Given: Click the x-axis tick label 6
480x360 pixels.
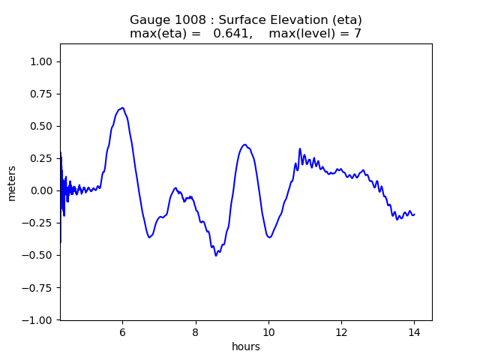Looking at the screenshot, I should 122,332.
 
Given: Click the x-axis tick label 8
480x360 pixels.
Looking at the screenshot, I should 195,332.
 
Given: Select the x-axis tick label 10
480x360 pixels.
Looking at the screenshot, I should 268,332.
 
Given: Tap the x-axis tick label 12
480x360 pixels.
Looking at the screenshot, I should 341,332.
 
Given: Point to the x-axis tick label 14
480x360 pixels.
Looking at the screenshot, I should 414,332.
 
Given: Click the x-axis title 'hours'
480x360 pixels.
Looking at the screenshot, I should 246,346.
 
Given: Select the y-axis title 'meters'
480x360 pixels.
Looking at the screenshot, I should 12,183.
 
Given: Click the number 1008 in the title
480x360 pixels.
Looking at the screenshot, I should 185,19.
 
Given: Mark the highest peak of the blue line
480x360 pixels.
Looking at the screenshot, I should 122,107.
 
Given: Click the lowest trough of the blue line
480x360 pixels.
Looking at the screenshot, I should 216,256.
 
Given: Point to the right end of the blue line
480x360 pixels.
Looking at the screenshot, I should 414,214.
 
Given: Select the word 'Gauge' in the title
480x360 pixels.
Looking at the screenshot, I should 148,19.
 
